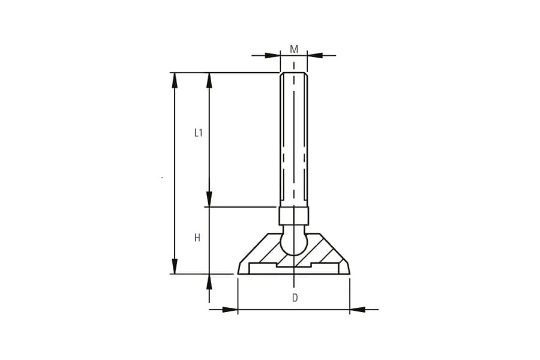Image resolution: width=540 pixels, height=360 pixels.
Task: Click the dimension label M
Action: pyautogui.click(x=294, y=49)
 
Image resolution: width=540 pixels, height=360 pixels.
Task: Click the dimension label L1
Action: pyautogui.click(x=199, y=133)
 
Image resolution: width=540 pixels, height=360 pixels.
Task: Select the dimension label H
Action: pyautogui.click(x=197, y=238)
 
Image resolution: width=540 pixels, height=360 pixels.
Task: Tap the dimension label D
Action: pyautogui.click(x=295, y=298)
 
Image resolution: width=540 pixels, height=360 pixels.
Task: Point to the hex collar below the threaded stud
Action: pyautogui.click(x=294, y=215)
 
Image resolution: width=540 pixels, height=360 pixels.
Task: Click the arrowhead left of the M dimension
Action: pyautogui.click(x=272, y=55)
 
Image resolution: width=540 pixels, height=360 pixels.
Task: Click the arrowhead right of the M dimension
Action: pyautogui.click(x=315, y=55)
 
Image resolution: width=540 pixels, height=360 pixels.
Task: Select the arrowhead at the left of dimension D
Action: pyautogui.click(x=230, y=310)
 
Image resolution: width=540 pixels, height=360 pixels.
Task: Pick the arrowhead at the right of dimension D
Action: pyautogui.click(x=358, y=310)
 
